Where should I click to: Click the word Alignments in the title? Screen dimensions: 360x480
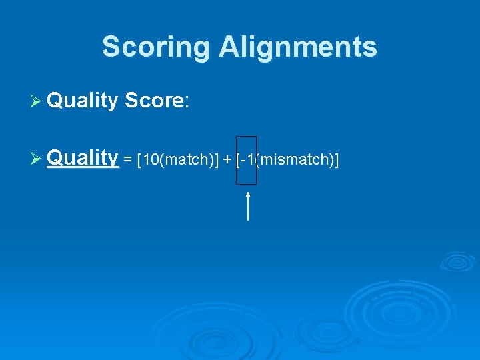298,47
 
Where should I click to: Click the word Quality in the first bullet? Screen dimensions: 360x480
83,101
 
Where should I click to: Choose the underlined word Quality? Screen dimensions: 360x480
83,159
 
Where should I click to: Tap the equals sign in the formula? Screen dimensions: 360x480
127,161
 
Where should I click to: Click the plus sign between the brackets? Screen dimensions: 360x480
227,161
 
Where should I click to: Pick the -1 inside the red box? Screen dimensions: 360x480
247,160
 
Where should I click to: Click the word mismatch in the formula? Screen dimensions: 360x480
295,160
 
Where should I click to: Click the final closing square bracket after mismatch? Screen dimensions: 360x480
337,160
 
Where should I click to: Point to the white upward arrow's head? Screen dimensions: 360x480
248,194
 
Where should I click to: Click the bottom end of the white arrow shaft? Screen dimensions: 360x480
248,219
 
